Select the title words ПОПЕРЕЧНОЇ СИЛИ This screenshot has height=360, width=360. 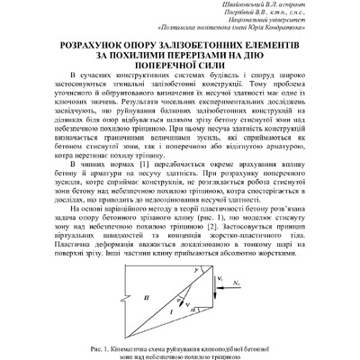pos(180,66)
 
